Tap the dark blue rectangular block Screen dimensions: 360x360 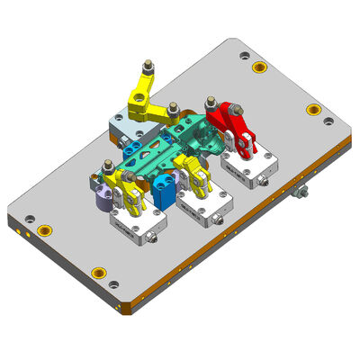[x=164, y=191]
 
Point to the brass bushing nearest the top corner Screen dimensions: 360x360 [x=259, y=68]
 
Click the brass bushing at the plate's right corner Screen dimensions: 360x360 [x=313, y=110]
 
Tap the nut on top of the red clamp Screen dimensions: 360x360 [x=211, y=101]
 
